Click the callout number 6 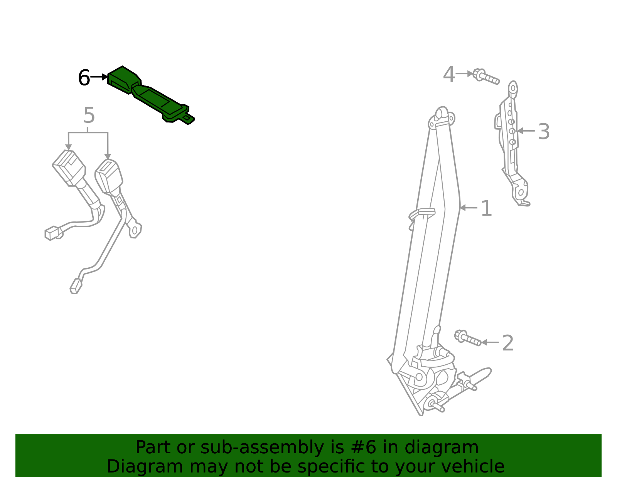[84, 78]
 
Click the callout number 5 [89, 116]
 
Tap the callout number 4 [449, 75]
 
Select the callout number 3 [544, 132]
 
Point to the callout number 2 [507, 343]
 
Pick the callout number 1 [486, 209]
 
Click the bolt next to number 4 [486, 76]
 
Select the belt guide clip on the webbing [422, 214]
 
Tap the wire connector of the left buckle [53, 233]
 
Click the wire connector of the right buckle [76, 286]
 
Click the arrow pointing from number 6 [99, 77]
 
